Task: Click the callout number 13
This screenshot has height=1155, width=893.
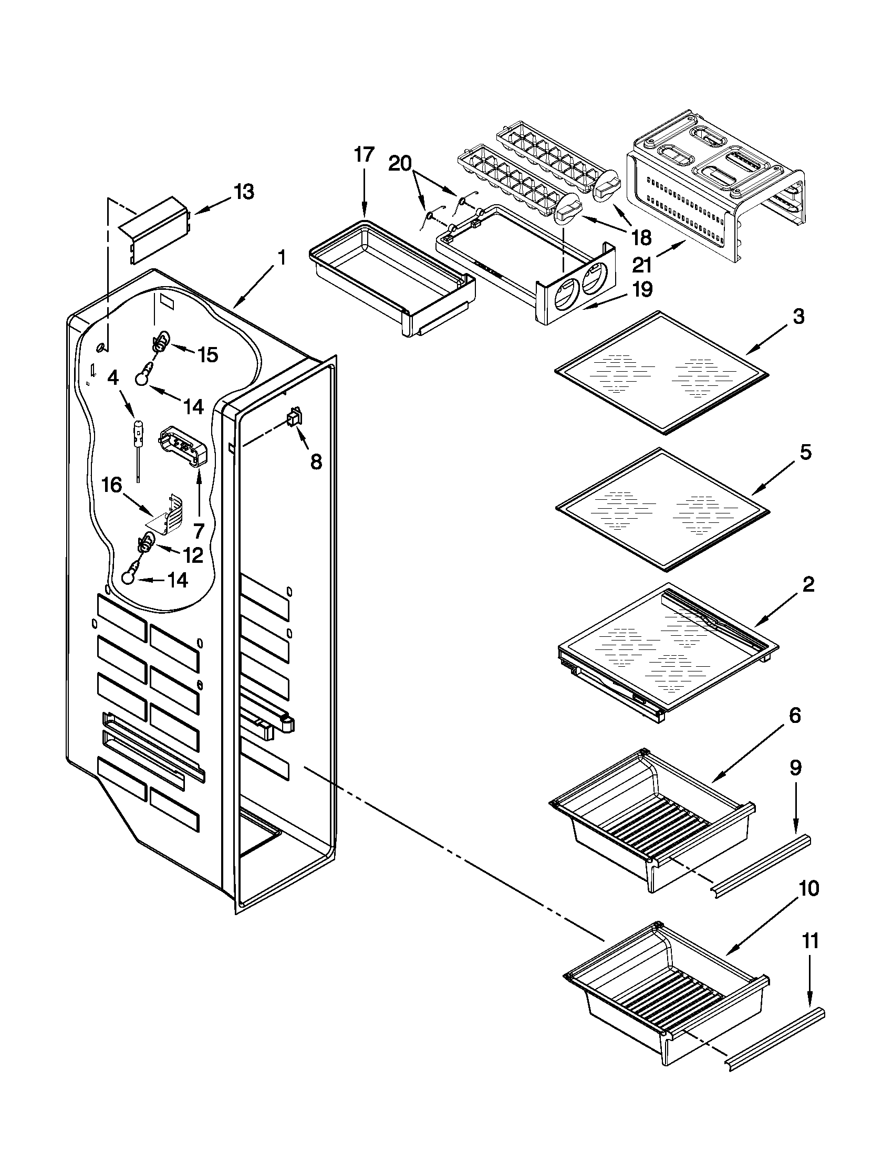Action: (x=244, y=193)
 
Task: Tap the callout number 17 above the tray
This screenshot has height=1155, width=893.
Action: (x=365, y=155)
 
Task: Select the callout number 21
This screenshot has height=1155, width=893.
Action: (x=642, y=265)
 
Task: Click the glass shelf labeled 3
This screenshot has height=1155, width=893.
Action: (x=661, y=373)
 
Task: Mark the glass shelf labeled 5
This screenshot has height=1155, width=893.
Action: (x=662, y=509)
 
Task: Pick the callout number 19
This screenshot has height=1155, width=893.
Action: (x=642, y=290)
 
